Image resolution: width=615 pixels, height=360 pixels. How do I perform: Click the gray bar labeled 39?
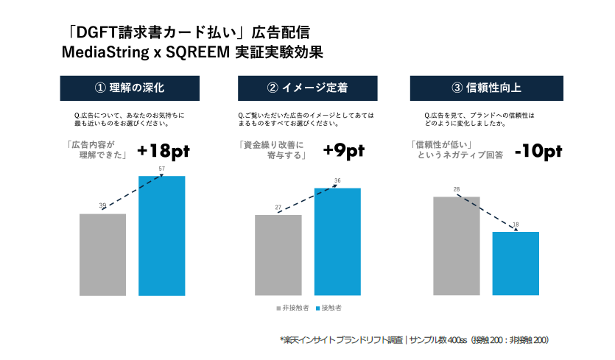click(102, 255)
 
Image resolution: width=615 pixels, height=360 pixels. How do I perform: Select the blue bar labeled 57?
click(161, 236)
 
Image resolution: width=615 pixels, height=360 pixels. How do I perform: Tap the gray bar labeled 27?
click(278, 255)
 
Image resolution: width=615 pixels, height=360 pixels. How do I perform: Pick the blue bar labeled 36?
click(337, 241)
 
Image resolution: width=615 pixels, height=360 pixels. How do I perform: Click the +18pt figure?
click(164, 150)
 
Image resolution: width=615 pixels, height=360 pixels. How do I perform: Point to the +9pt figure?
click(343, 150)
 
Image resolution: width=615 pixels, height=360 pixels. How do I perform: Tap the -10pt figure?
click(538, 151)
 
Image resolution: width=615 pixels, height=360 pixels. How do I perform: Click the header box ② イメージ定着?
click(307, 88)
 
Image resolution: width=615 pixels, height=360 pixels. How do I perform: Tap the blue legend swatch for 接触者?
click(317, 308)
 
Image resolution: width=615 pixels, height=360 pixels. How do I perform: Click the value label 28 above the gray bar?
click(457, 190)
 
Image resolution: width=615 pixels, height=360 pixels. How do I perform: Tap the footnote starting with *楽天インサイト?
click(414, 340)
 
